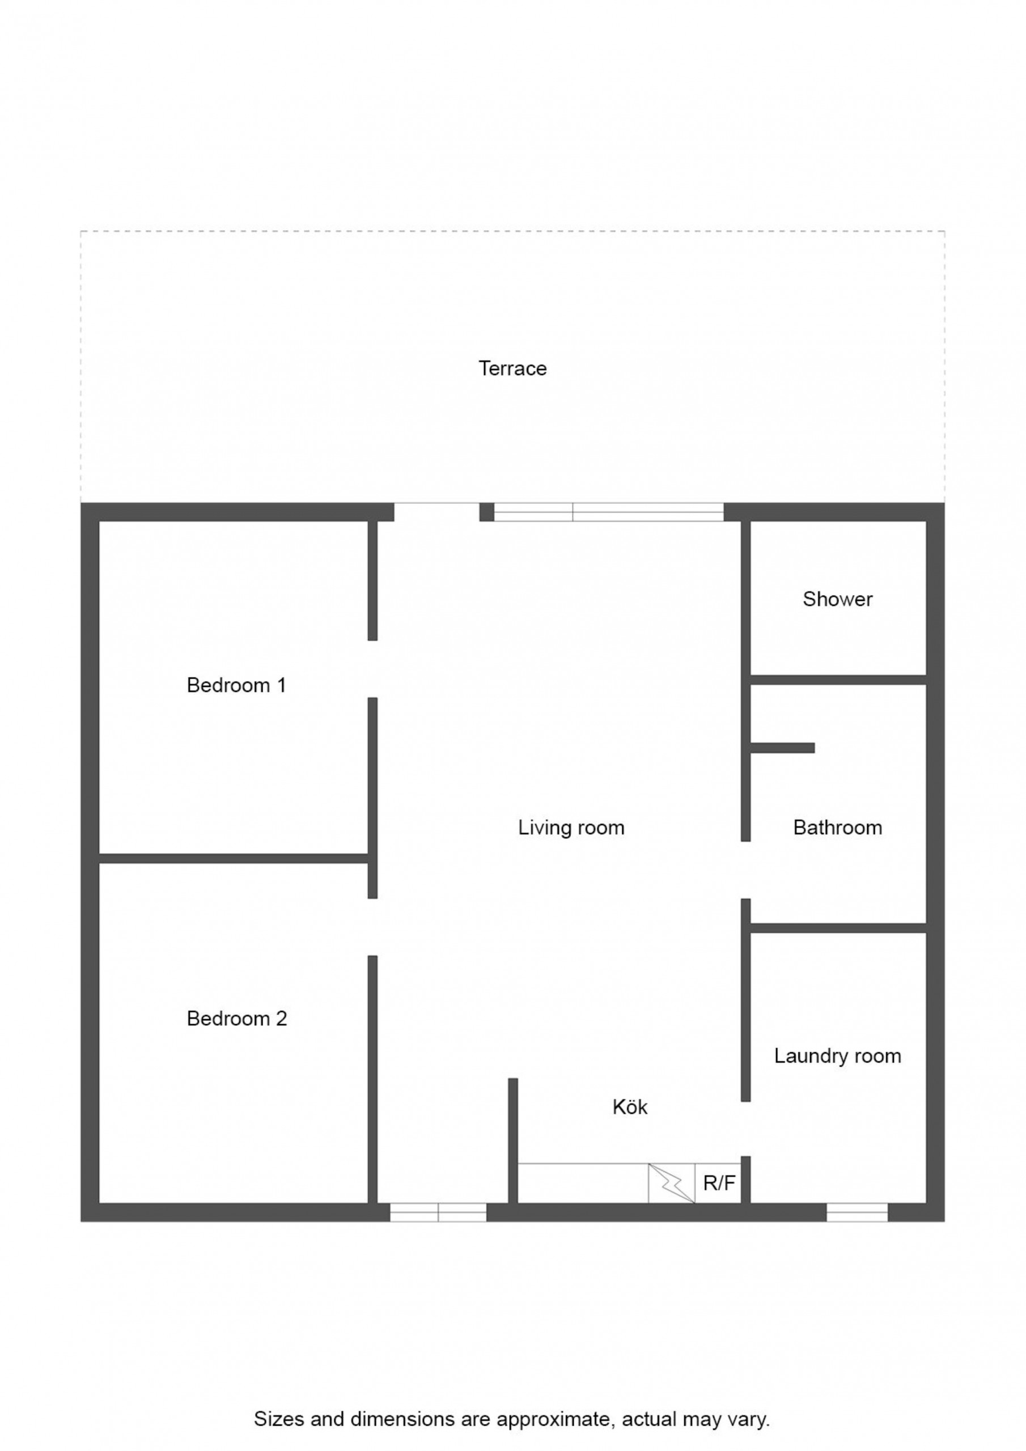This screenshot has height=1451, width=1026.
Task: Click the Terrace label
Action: pyautogui.click(x=512, y=368)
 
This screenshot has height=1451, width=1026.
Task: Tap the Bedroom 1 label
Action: pyautogui.click(x=236, y=685)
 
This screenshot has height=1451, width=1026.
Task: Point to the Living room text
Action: pyautogui.click(x=571, y=828)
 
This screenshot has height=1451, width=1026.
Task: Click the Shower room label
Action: pyautogui.click(x=838, y=599)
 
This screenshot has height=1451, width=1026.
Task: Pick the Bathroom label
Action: pyautogui.click(x=838, y=828)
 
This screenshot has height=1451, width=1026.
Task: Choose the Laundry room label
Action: pyautogui.click(x=838, y=1056)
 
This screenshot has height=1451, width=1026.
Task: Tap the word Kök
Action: pyautogui.click(x=630, y=1107)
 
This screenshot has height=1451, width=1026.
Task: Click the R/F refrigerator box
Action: pyautogui.click(x=718, y=1183)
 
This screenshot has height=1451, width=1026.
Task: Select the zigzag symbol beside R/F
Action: pyautogui.click(x=671, y=1183)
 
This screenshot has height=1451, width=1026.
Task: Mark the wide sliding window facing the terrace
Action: pyautogui.click(x=609, y=512)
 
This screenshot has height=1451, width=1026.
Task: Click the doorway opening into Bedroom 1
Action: pyautogui.click(x=372, y=669)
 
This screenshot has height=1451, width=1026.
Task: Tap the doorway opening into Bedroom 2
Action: pyautogui.click(x=372, y=927)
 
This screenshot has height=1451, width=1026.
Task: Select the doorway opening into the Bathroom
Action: pyautogui.click(x=746, y=870)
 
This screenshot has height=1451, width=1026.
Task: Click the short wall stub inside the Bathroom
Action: pyautogui.click(x=783, y=748)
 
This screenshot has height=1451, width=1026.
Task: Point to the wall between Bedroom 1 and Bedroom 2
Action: pyautogui.click(x=234, y=858)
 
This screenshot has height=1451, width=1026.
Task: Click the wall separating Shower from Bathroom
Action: pyautogui.click(x=838, y=680)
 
